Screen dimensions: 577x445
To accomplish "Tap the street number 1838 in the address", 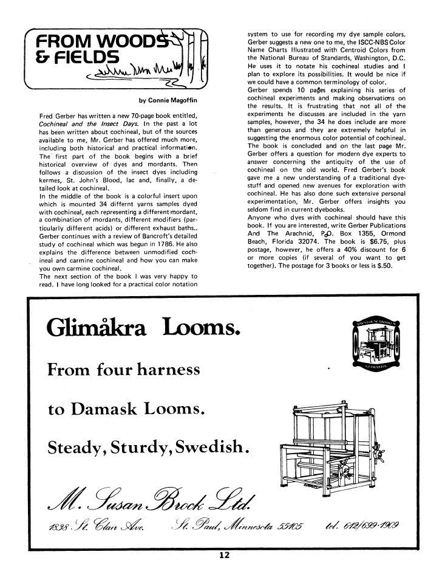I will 61,526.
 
